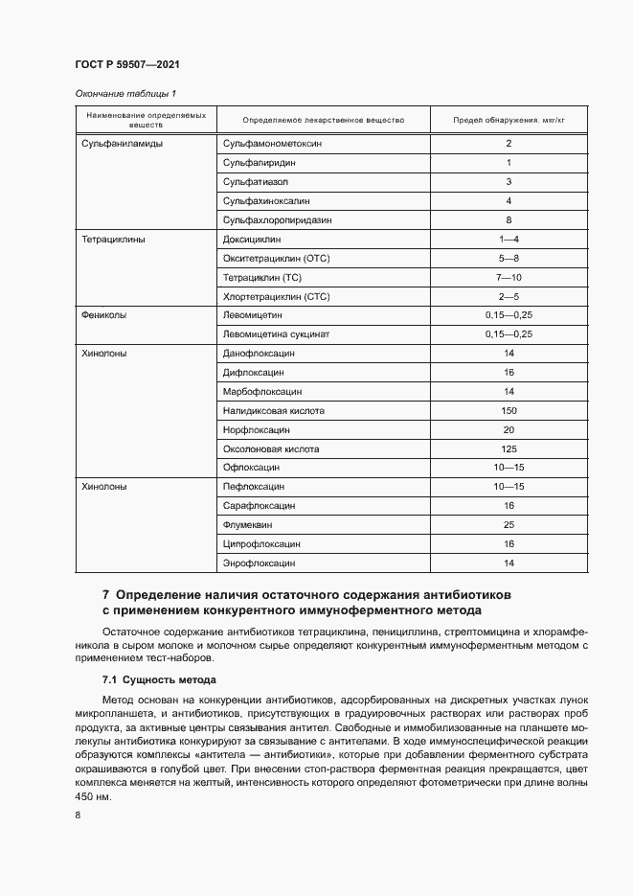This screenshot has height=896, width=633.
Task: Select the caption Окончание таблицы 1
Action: click(124, 94)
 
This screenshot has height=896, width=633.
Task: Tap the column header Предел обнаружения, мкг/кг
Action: click(509, 121)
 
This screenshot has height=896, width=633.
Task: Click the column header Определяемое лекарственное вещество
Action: click(324, 121)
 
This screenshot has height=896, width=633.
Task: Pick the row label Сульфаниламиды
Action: click(121, 143)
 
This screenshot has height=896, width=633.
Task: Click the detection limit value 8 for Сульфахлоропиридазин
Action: click(509, 219)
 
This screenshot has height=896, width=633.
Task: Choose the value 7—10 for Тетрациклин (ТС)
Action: click(509, 277)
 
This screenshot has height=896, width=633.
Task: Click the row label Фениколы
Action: click(104, 314)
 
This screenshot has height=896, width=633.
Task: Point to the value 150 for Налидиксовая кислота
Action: click(509, 410)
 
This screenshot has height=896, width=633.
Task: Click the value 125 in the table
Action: click(509, 448)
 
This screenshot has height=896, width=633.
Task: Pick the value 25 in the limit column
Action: click(509, 525)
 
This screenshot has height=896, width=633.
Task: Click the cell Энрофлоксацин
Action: click(259, 563)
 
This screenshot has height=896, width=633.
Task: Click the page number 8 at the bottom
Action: click(78, 815)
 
